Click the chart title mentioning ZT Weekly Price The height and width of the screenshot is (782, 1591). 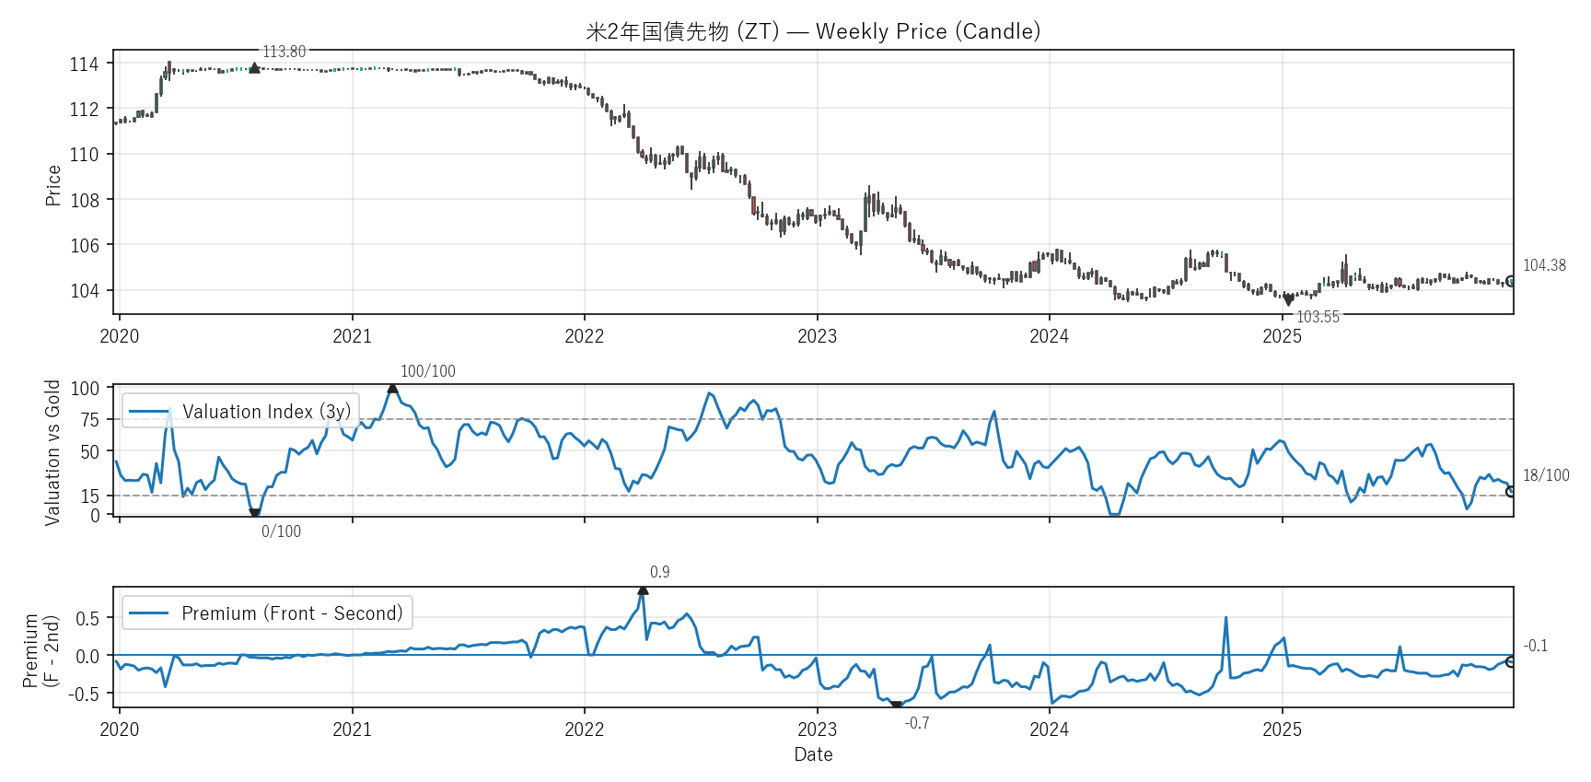click(813, 31)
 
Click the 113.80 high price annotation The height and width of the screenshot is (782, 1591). click(284, 52)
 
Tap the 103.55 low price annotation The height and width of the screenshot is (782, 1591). click(1318, 317)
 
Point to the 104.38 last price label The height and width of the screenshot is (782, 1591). click(1544, 265)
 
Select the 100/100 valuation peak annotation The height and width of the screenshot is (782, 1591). click(427, 371)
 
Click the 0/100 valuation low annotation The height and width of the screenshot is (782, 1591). click(281, 531)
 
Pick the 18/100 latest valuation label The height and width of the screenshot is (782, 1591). click(1546, 475)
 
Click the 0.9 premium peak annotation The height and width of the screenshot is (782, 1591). click(659, 572)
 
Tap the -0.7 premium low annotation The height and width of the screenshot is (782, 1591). click(917, 723)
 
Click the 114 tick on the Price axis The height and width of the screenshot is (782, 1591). click(84, 64)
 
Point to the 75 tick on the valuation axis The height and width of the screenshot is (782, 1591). click(89, 420)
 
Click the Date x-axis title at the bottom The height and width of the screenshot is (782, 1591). click(813, 754)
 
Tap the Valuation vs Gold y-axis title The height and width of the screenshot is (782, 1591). click(52, 452)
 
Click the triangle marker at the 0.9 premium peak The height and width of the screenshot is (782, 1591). click(643, 589)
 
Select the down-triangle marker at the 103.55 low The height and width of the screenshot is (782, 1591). click(1288, 300)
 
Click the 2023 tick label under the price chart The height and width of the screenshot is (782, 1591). click(817, 336)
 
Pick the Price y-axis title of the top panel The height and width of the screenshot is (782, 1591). click(53, 185)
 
